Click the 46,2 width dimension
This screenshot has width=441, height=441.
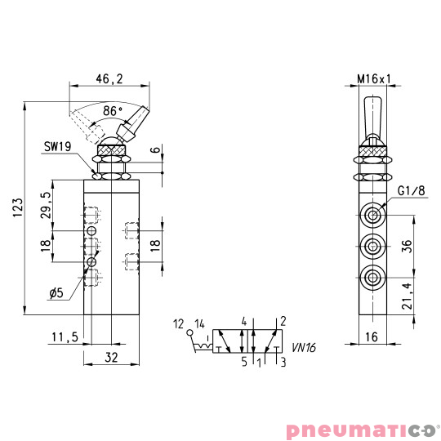point(109,79)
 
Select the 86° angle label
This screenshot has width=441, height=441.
point(112,110)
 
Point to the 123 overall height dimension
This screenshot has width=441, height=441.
point(19,211)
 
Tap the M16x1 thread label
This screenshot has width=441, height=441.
point(375,79)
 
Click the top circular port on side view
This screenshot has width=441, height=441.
point(373,215)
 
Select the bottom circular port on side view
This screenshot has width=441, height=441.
point(373,275)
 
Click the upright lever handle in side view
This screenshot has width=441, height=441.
point(373,118)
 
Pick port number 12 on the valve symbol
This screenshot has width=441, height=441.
point(178,323)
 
